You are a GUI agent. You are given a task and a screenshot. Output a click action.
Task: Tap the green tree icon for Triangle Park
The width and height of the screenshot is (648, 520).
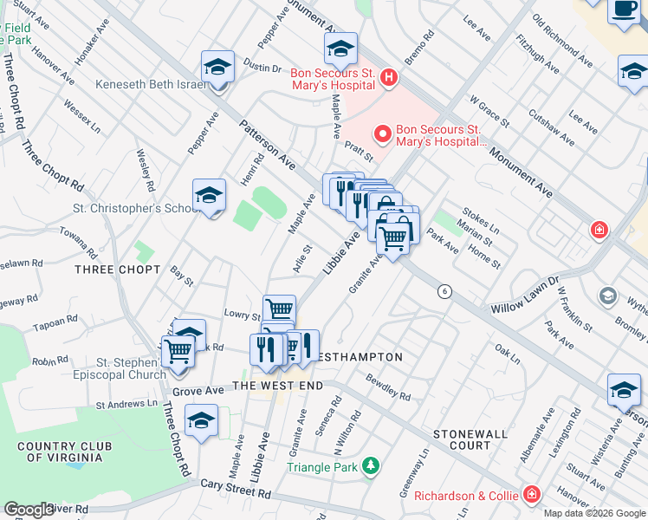click(x=371, y=466)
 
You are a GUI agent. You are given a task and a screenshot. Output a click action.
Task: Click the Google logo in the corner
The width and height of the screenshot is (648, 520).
click(x=29, y=510)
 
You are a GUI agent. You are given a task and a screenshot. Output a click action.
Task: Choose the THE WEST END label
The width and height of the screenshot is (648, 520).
click(x=276, y=385)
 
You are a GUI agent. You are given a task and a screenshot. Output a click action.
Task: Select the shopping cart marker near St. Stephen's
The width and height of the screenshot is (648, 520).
click(x=178, y=352)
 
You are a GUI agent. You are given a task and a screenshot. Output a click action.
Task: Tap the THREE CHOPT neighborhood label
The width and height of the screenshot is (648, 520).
click(x=118, y=270)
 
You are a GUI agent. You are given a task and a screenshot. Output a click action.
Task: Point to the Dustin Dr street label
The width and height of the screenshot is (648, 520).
click(x=263, y=68)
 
